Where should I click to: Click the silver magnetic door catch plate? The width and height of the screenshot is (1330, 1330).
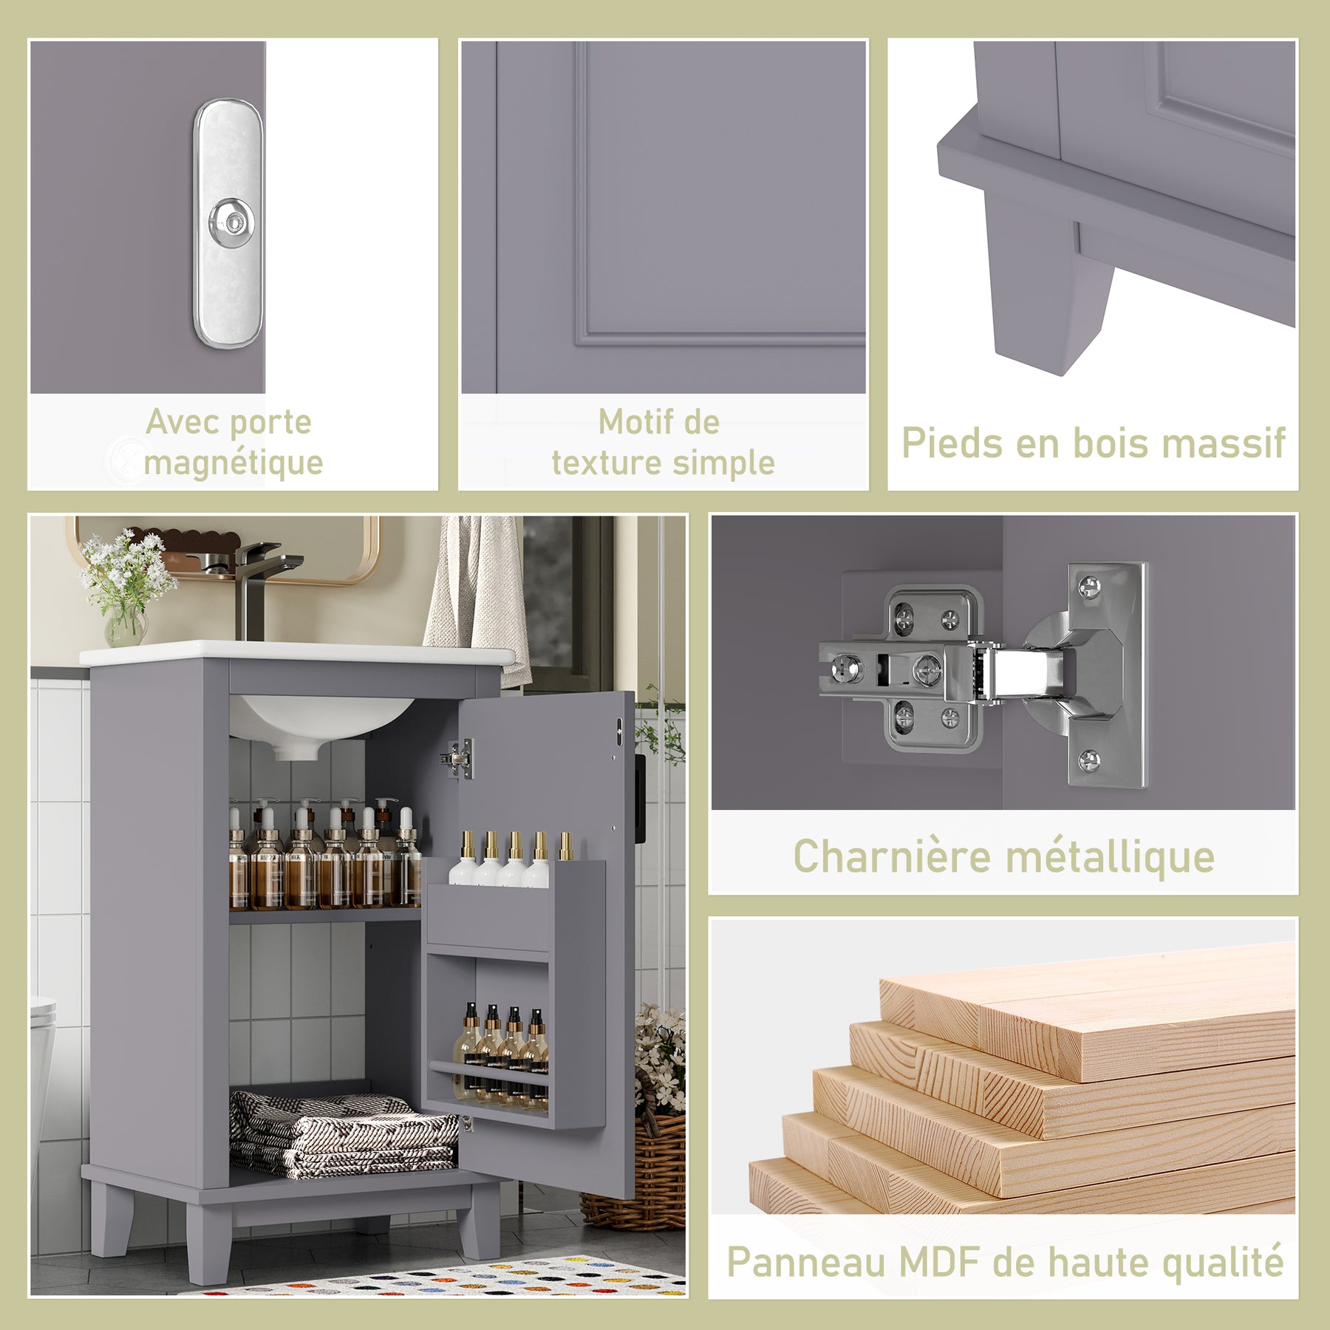228,223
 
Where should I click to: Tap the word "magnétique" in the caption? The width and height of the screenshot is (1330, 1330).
233,464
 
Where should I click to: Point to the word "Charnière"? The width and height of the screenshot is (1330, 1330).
892,856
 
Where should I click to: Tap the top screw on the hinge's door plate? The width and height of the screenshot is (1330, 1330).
1088,588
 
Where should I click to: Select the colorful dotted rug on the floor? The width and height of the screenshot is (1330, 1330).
443,1278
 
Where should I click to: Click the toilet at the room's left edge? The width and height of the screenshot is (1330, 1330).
42,1064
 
